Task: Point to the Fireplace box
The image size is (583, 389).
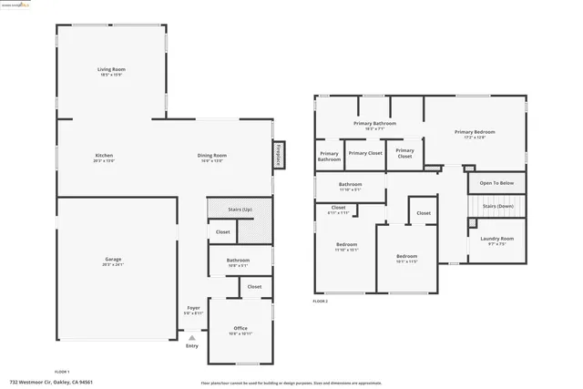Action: (x=279, y=155)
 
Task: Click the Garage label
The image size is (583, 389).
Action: (x=112, y=260)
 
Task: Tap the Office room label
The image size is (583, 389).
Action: (x=240, y=328)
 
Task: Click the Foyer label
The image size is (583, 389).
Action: (x=193, y=308)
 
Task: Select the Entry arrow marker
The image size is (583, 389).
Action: (x=191, y=338)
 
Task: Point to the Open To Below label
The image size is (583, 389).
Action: (x=496, y=183)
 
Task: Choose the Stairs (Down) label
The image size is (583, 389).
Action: (x=498, y=207)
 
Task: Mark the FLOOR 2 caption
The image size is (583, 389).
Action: (x=320, y=301)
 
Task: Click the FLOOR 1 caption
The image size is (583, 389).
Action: (x=62, y=372)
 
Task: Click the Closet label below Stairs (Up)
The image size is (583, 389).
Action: (x=223, y=232)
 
